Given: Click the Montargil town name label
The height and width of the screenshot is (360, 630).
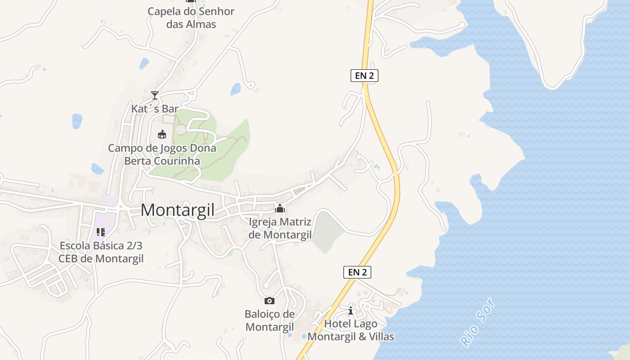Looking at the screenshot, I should coord(177,210).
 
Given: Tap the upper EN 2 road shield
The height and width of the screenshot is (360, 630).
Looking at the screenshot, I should coord(364,76).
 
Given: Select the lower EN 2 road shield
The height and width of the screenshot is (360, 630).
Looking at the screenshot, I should coord(357,272).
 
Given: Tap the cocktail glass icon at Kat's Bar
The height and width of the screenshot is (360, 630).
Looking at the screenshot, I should coord(155,95).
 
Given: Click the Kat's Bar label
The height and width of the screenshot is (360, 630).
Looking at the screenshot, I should coord(155,108).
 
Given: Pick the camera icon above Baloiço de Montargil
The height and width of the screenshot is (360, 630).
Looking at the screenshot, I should coord(269,301).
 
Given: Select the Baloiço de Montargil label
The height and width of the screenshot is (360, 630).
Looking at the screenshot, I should coord(269,320).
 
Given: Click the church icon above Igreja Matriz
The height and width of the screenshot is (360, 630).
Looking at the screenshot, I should coord(280,208).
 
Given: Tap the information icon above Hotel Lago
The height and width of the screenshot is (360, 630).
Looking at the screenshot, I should coord(351,310).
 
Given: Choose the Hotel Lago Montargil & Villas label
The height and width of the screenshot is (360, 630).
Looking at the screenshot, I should coord(351,330).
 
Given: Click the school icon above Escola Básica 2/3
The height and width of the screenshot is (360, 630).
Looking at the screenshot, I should coord(101,232).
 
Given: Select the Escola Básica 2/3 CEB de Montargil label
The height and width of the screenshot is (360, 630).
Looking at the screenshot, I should coord(101,252).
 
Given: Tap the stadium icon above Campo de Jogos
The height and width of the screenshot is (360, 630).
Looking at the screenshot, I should coord(162,134).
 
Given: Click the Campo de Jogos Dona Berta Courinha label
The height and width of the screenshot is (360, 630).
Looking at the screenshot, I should coord(162,154).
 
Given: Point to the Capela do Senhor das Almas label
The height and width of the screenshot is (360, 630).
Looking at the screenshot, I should coord(191,18).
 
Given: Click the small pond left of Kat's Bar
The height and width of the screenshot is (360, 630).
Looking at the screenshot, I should coord(77,121).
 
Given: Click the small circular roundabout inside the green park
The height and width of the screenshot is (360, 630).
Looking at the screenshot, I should coord(181,130).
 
